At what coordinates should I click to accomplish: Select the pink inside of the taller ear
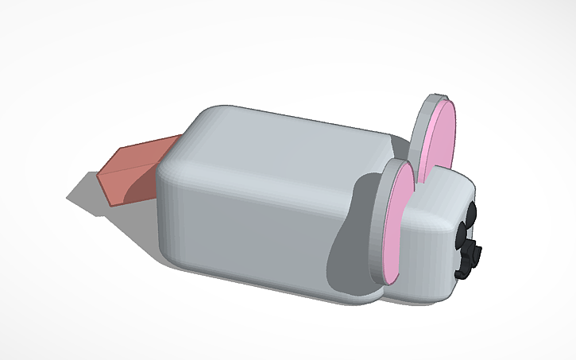439,143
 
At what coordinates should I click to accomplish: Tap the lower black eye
461,234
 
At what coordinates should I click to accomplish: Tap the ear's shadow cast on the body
354,238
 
